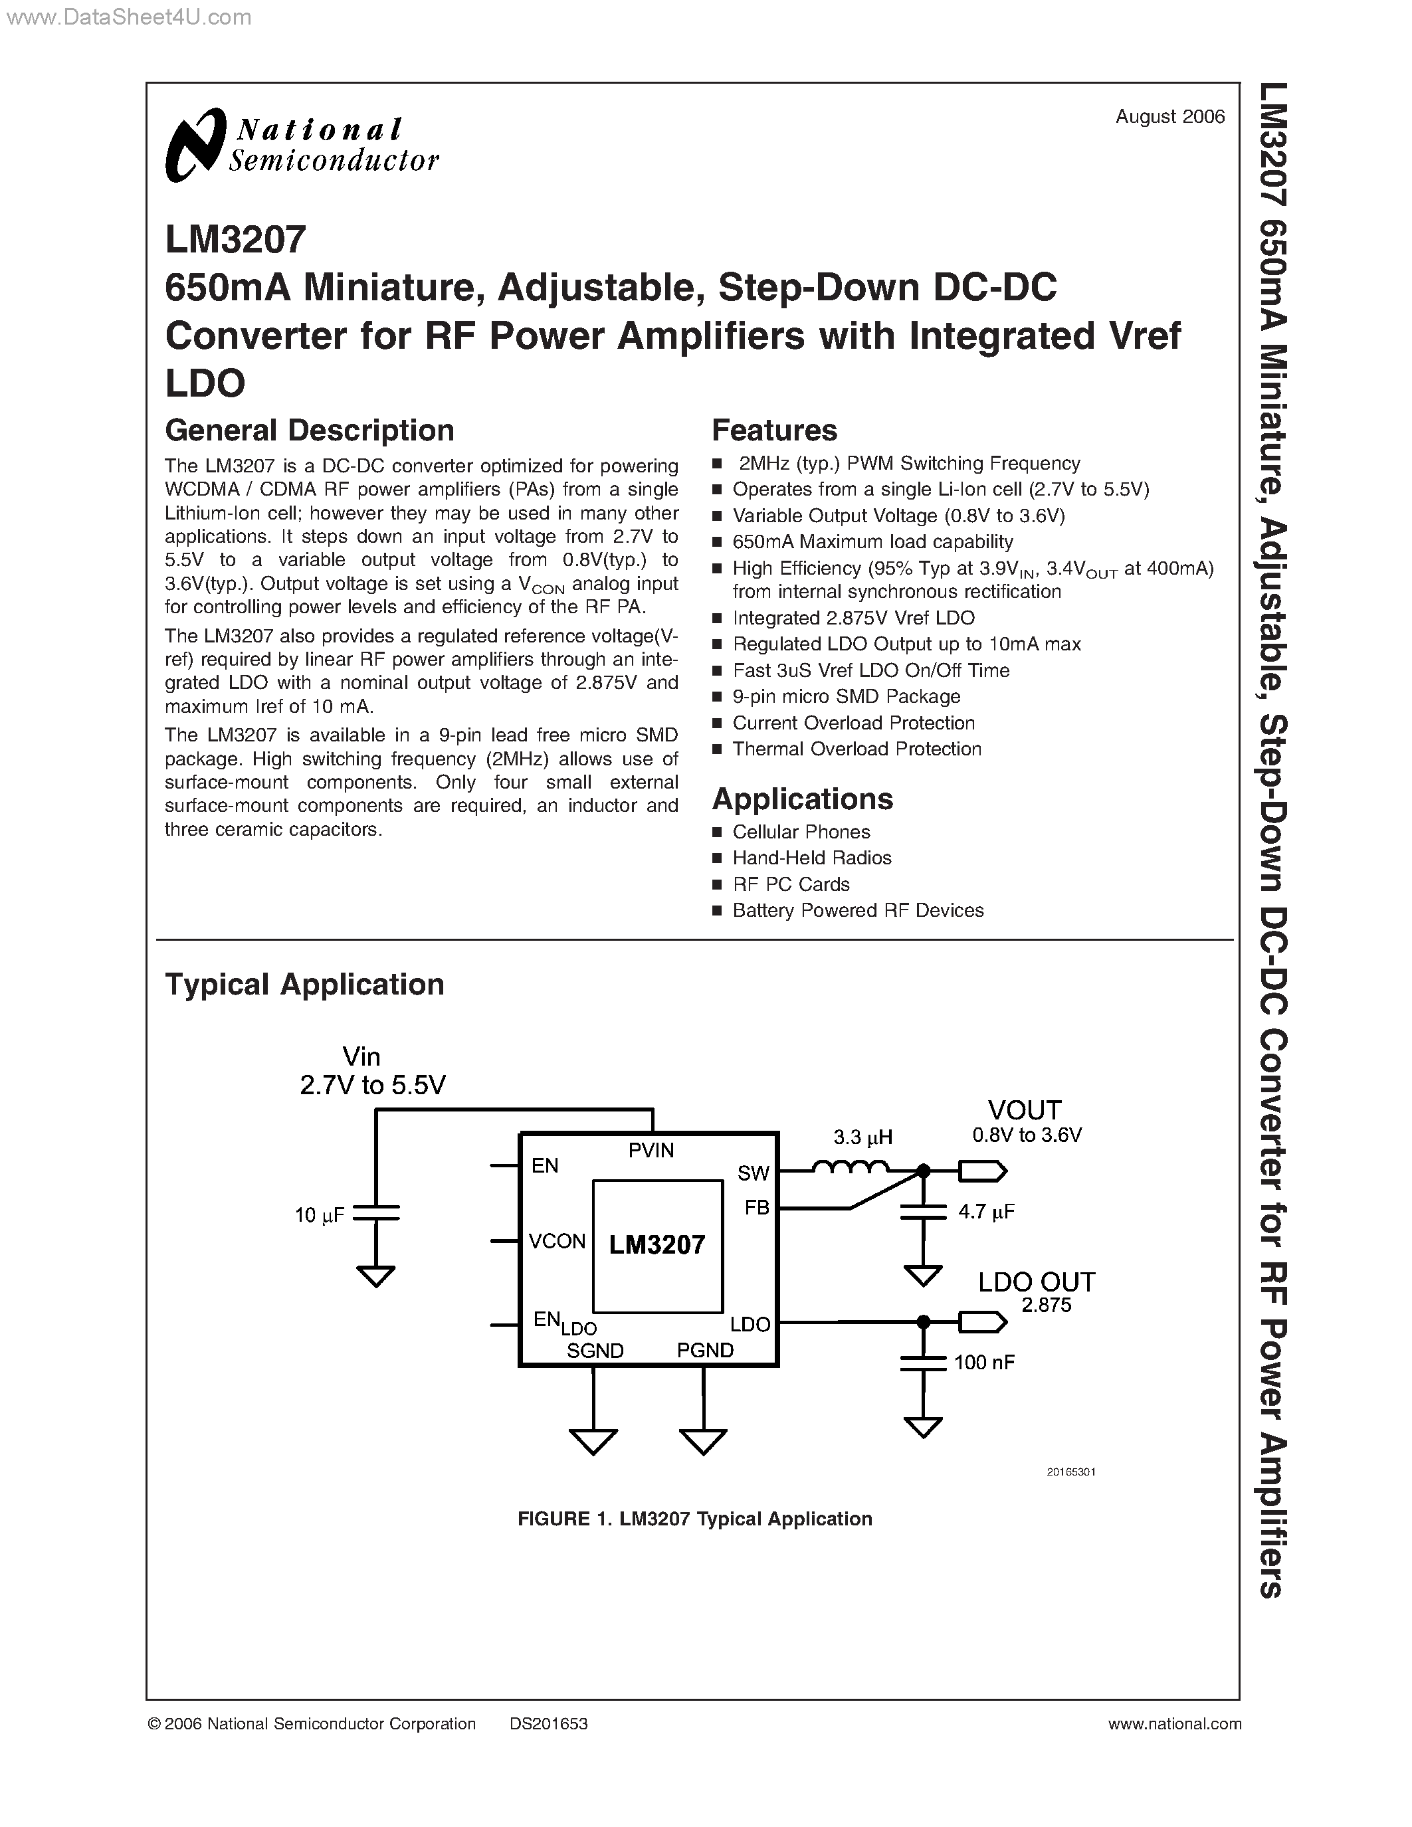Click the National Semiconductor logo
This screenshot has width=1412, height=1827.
coord(301,145)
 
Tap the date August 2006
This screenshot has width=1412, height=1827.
coord(1169,117)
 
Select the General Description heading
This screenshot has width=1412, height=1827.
coord(310,431)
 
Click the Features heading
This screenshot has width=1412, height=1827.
coord(773,431)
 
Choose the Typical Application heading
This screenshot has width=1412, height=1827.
coord(304,985)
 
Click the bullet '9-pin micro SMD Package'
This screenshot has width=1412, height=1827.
coord(846,697)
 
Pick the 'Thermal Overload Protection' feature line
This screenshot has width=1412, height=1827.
coord(857,749)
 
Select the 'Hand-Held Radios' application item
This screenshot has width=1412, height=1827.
coord(811,858)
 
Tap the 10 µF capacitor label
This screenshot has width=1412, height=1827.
coord(319,1216)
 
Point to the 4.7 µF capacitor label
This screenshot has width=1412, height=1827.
coord(986,1211)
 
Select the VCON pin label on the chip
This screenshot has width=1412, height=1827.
coord(557,1242)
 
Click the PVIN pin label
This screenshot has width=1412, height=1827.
coord(651,1151)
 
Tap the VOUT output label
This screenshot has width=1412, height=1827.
coord(1024,1111)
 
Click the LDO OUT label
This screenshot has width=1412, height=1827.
coord(1036,1282)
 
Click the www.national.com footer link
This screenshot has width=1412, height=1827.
coord(1173,1724)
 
